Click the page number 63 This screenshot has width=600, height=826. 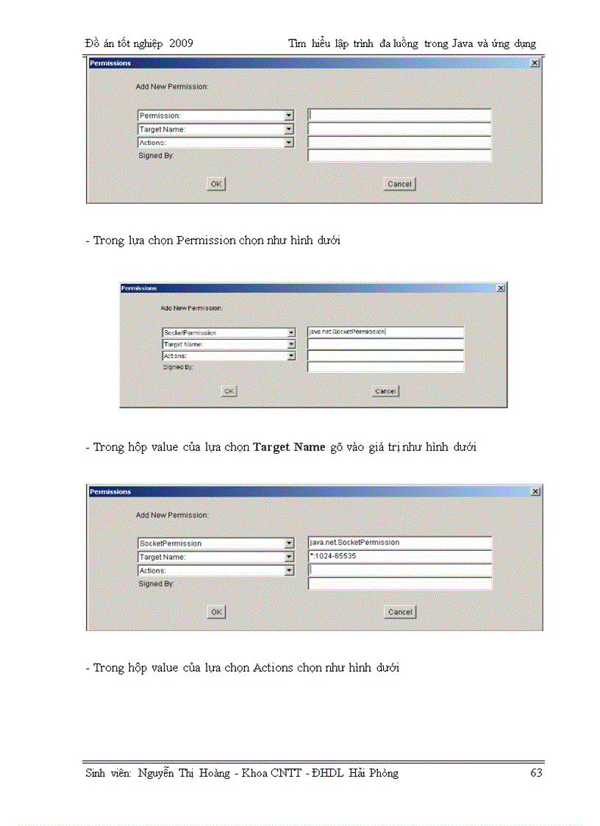tap(536, 773)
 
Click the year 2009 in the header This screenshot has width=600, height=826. tap(181, 43)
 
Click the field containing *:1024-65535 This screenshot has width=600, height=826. tap(399, 557)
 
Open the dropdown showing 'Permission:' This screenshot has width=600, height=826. tap(215, 115)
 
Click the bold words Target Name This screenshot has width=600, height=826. tap(289, 447)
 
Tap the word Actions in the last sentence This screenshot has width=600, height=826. tap(273, 668)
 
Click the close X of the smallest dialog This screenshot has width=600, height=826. tap(501, 288)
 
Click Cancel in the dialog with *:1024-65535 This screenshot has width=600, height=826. tap(399, 612)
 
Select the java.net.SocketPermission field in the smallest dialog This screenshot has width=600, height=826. tap(385, 332)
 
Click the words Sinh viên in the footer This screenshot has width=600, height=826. tap(108, 773)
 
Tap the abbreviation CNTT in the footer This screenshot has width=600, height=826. tap(281, 773)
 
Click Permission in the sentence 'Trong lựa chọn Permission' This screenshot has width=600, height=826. tap(207, 241)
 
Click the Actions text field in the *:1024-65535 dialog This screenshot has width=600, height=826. tap(399, 570)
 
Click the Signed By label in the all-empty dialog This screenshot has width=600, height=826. tap(156, 156)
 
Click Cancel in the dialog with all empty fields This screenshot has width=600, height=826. tap(399, 184)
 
